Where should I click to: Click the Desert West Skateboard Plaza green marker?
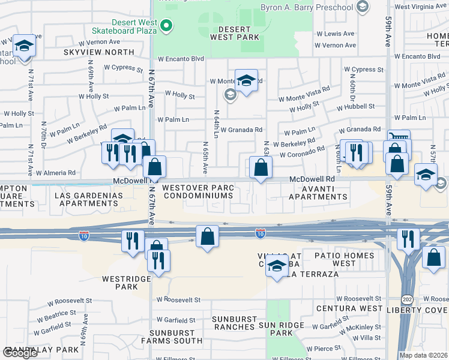(x=167, y=26)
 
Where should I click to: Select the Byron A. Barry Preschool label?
(x=307, y=7)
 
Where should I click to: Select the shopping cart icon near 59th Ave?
(x=399, y=137)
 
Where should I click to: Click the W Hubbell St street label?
(x=355, y=106)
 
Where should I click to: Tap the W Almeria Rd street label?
(x=55, y=173)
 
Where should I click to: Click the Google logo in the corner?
(x=21, y=352)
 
